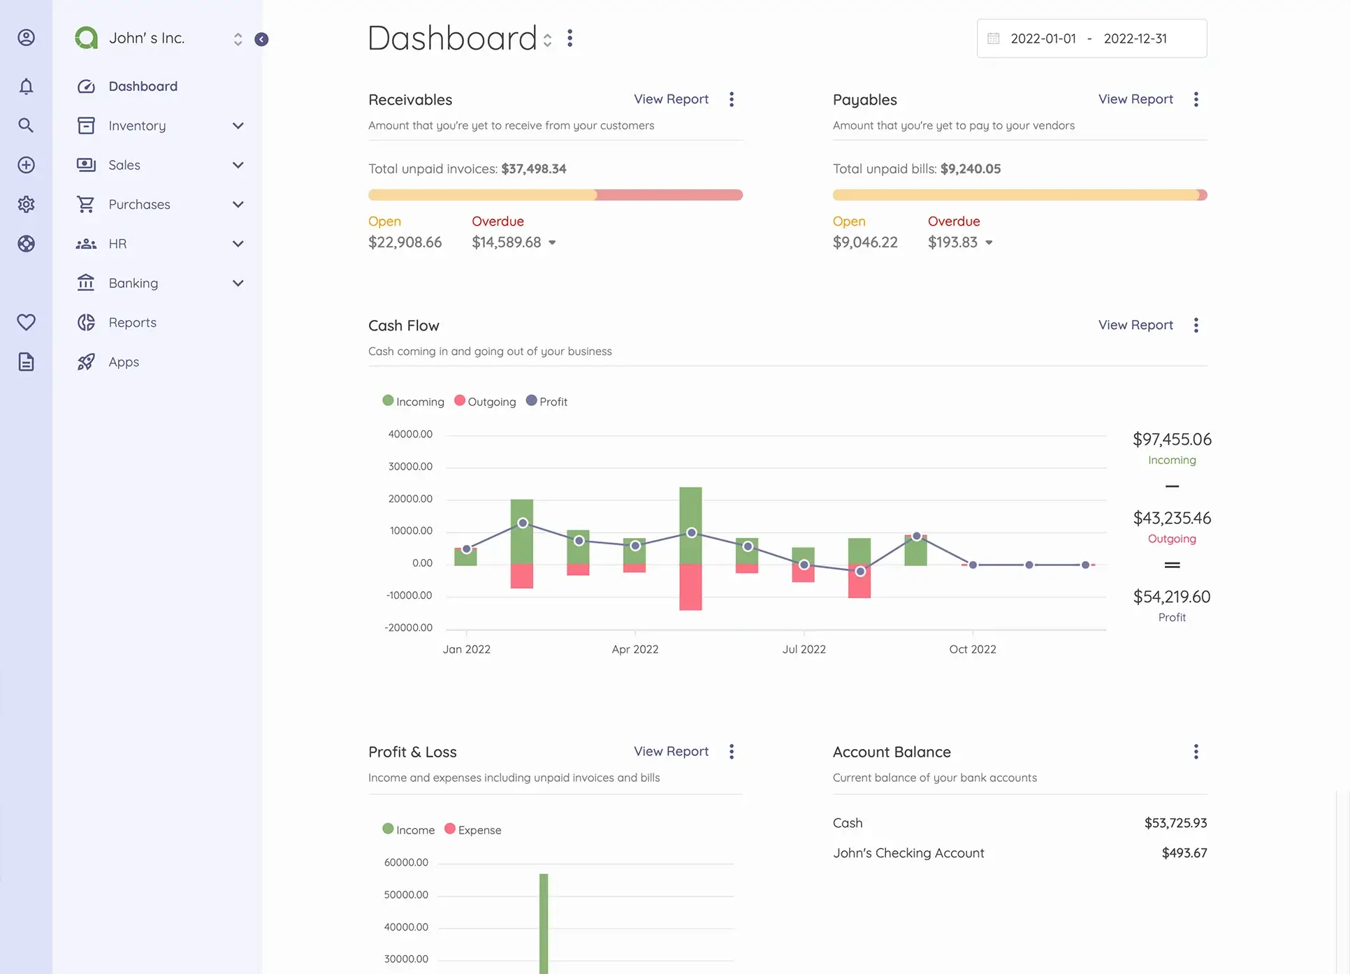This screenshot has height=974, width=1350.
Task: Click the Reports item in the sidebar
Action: tap(132, 323)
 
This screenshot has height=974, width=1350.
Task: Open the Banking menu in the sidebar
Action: tap(133, 283)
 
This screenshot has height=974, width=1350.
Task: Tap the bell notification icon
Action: tap(26, 86)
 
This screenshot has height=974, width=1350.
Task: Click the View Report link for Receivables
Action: tap(671, 99)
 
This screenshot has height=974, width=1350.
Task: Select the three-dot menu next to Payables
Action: tap(1196, 99)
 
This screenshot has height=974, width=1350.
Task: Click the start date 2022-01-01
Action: tap(1043, 39)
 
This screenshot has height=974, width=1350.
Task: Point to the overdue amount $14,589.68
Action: tap(506, 242)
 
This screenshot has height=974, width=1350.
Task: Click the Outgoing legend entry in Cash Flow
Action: tap(486, 402)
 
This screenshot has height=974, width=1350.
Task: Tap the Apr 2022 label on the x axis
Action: tap(634, 649)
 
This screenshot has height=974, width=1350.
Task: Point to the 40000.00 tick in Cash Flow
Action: tap(410, 434)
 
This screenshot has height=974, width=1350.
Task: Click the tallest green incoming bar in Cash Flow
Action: tap(690, 524)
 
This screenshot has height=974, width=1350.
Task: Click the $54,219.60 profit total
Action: tap(1171, 597)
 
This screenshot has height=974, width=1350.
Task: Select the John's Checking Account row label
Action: tap(908, 853)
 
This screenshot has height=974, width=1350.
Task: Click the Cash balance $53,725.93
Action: tap(1175, 823)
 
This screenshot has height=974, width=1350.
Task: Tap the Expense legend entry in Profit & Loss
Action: tap(473, 830)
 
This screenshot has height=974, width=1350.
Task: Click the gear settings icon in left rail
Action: tap(26, 204)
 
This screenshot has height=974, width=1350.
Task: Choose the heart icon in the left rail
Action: tap(26, 322)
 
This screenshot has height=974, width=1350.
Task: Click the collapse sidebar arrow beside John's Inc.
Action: tap(261, 39)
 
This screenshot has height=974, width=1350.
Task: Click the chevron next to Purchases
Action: tap(238, 205)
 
